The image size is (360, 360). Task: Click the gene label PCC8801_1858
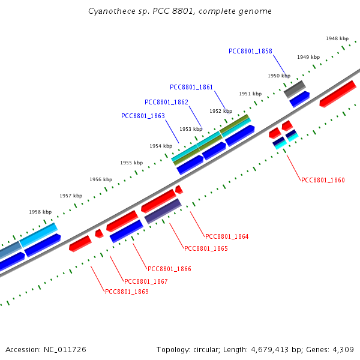point(250,51)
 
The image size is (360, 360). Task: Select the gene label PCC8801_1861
point(191,87)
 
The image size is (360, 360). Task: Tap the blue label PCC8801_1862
point(166,102)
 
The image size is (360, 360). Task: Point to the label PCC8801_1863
point(143,116)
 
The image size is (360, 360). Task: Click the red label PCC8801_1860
point(323,180)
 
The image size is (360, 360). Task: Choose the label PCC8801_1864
point(227,236)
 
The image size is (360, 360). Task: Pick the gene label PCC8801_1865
point(206,248)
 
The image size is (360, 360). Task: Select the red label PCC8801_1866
point(169,269)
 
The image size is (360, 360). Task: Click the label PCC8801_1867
point(146,281)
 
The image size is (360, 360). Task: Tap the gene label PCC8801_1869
point(127,292)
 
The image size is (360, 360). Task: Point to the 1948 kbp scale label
point(337,38)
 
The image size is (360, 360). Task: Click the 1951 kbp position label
point(250,94)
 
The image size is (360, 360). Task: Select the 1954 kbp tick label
point(161,146)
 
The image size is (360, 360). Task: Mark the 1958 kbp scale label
point(40,212)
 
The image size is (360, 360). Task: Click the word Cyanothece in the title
point(109,11)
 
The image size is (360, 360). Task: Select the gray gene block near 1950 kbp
point(295,89)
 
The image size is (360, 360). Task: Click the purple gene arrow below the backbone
point(163,211)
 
